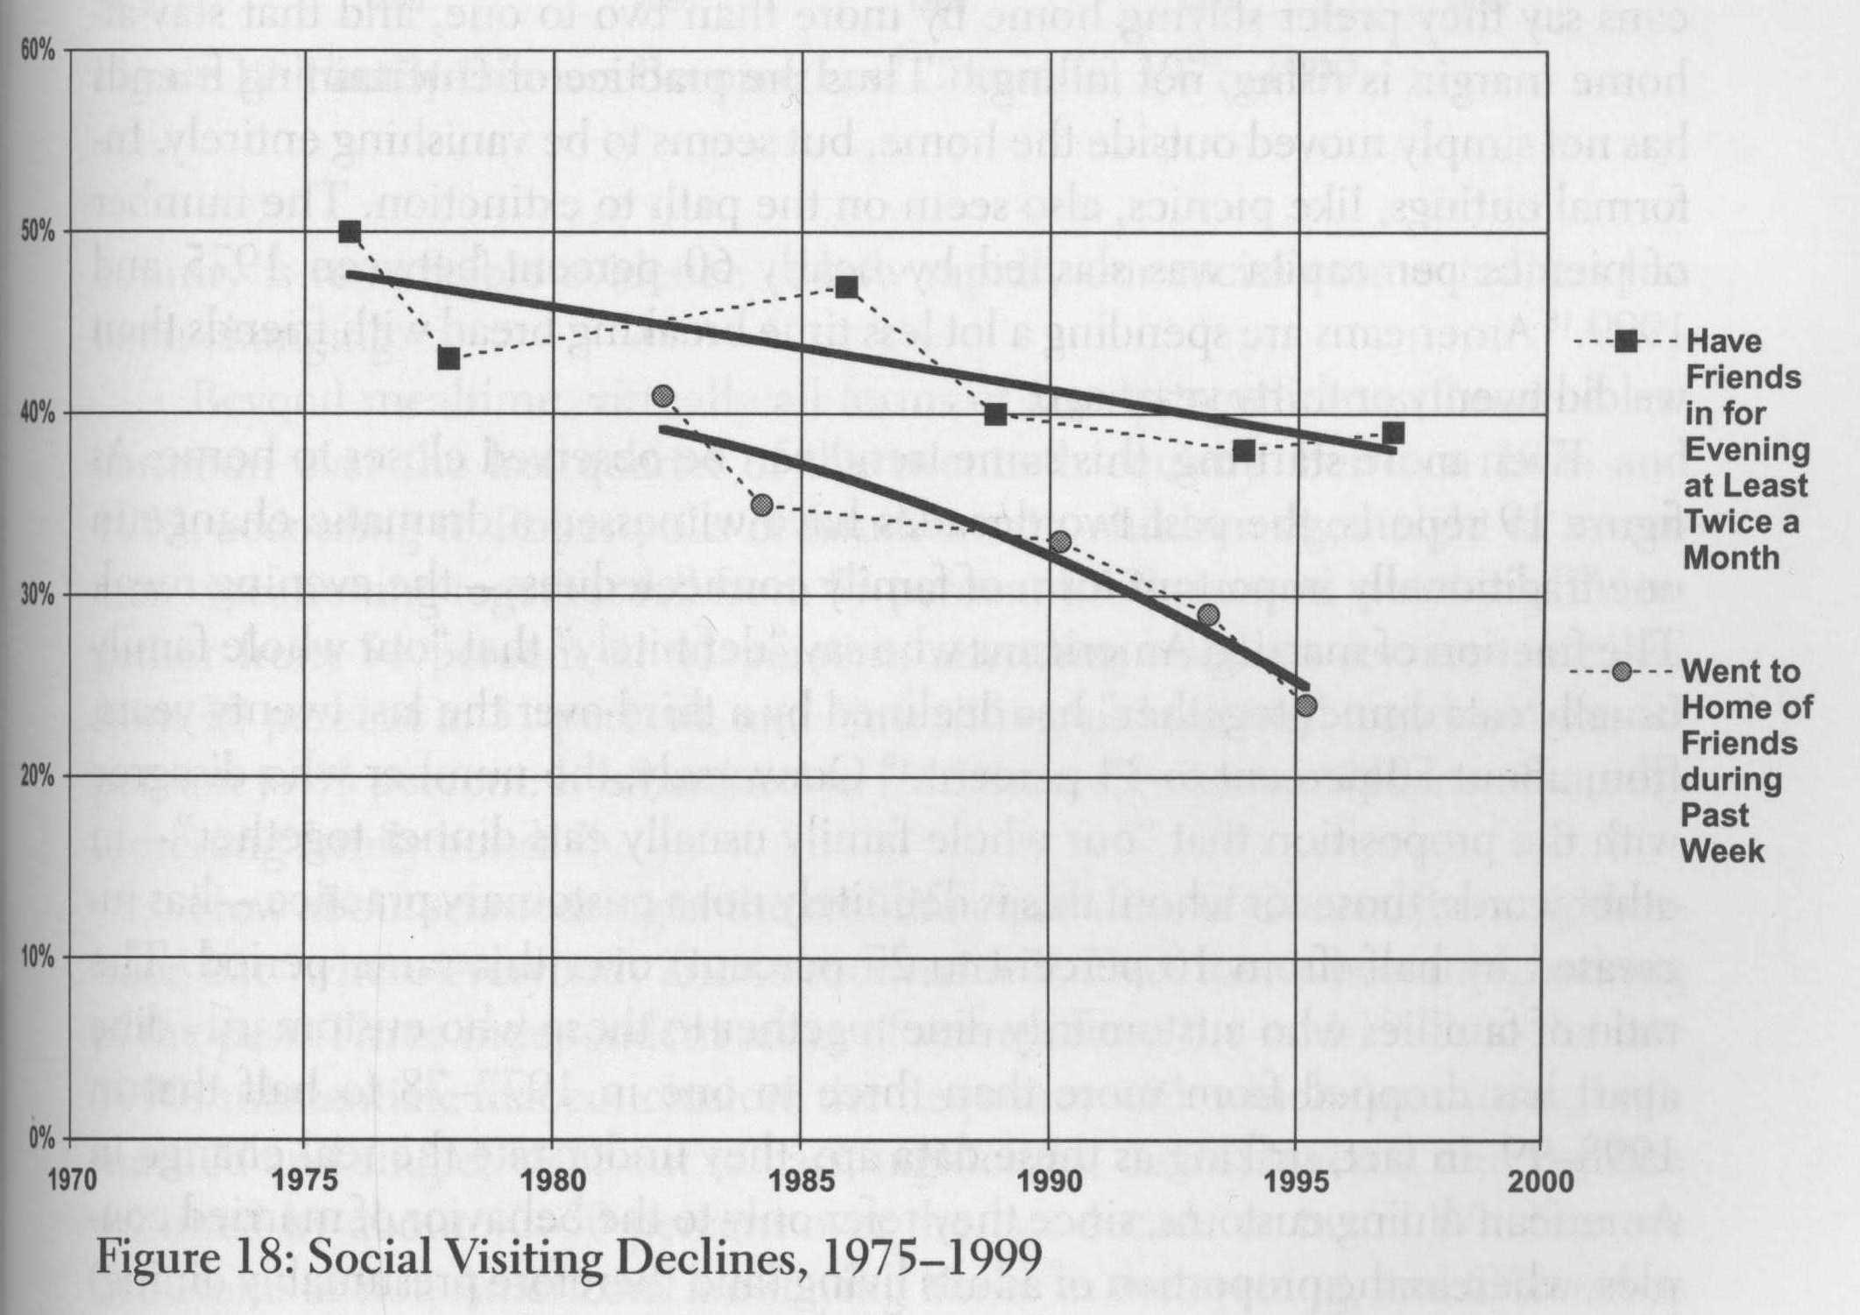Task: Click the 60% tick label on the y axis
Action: click(x=38, y=51)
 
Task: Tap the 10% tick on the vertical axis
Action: click(x=38, y=957)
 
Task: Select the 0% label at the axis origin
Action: click(x=41, y=1138)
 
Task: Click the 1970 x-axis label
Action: click(x=71, y=1180)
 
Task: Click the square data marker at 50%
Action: click(x=350, y=232)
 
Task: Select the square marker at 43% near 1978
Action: click(x=449, y=358)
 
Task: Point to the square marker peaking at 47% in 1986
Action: click(x=846, y=287)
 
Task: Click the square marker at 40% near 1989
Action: click(x=995, y=414)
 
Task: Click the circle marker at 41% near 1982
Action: click(x=663, y=396)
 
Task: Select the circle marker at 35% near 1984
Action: click(x=762, y=505)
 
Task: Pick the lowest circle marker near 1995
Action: click(x=1306, y=704)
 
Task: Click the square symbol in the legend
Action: click(x=1626, y=342)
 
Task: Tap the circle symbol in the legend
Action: click(x=1623, y=672)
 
